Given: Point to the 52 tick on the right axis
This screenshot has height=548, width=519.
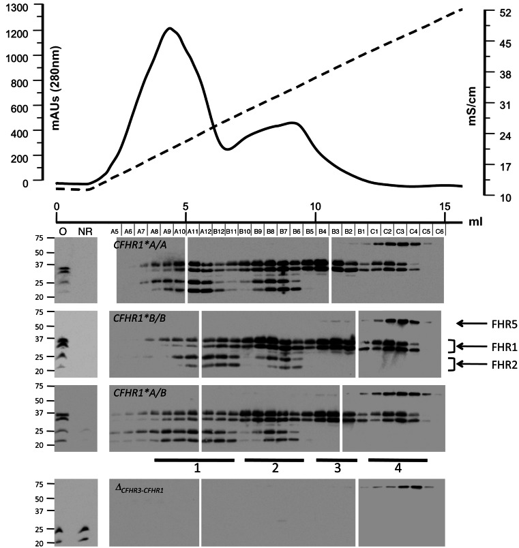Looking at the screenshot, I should pos(503,13).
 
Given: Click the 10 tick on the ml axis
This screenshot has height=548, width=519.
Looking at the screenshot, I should pos(315,205).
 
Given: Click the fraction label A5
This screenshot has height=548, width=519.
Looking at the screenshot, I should pos(116,232).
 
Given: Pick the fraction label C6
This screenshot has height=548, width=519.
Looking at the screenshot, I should pos(440,232).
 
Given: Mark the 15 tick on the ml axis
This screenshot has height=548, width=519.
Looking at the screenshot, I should pos(445,205).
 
